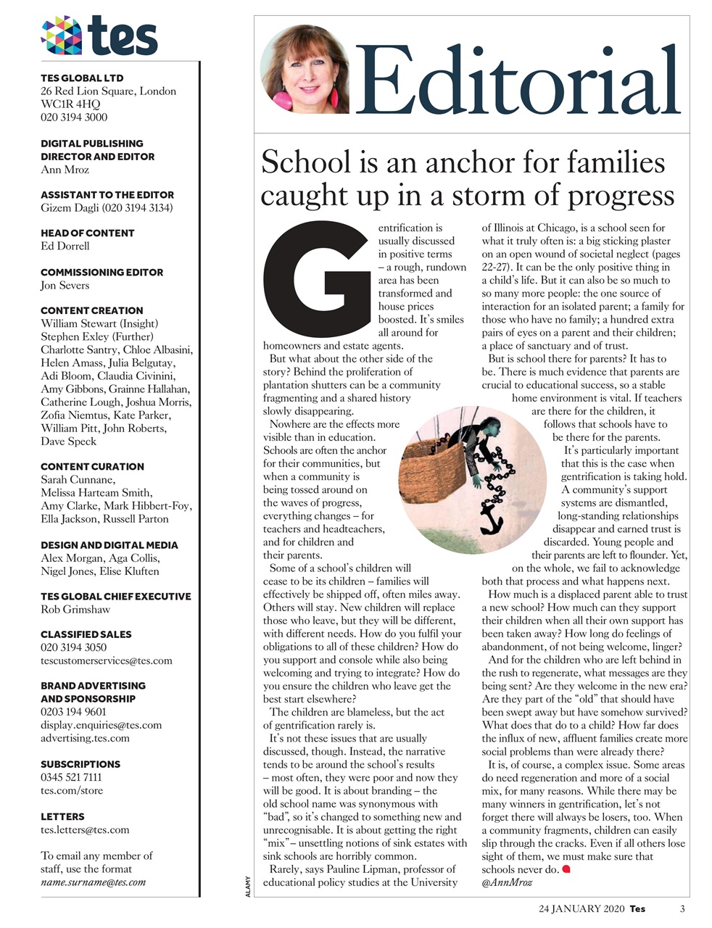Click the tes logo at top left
coord(99,36)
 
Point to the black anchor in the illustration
coord(494,515)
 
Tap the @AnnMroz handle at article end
coord(506,882)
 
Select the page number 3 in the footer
coord(682,908)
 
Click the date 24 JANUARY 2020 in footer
coord(581,908)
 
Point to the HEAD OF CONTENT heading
coord(88,233)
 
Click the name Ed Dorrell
coord(65,246)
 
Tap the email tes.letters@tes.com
coord(85,829)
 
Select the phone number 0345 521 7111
coord(71,777)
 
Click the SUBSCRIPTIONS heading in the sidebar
coord(80,764)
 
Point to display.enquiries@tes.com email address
coord(101,725)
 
